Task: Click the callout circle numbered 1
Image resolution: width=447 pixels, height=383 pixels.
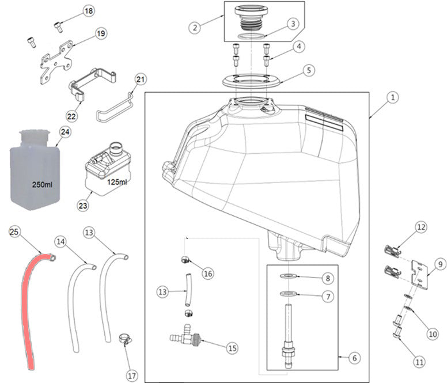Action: tap(392, 98)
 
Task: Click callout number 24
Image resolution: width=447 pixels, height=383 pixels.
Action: tap(65, 132)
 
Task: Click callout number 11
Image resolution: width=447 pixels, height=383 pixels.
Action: tap(418, 362)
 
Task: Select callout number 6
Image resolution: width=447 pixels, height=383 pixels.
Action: tap(354, 358)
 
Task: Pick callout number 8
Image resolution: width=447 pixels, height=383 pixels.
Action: tap(327, 278)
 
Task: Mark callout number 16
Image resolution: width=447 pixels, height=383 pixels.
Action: tap(208, 274)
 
